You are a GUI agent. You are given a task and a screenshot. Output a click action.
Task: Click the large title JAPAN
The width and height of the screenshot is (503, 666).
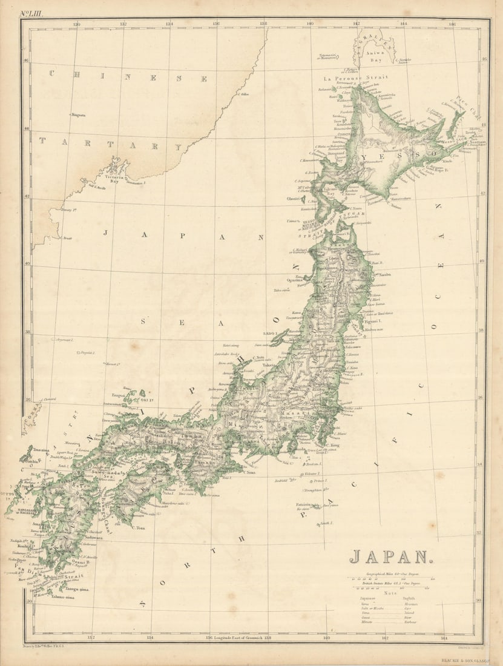[391, 556]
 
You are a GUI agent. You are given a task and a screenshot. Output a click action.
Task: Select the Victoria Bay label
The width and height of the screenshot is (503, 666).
[115, 177]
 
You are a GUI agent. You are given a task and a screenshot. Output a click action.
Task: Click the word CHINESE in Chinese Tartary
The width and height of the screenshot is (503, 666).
[128, 77]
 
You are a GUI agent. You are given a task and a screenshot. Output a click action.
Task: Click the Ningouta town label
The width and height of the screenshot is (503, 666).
[79, 114]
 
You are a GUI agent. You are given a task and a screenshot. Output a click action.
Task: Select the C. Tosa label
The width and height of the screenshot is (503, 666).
[139, 527]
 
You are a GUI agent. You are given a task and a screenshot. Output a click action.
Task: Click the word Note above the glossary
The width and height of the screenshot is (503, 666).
[390, 593]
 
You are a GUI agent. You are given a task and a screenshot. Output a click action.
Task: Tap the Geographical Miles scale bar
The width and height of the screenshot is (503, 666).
[390, 579]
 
